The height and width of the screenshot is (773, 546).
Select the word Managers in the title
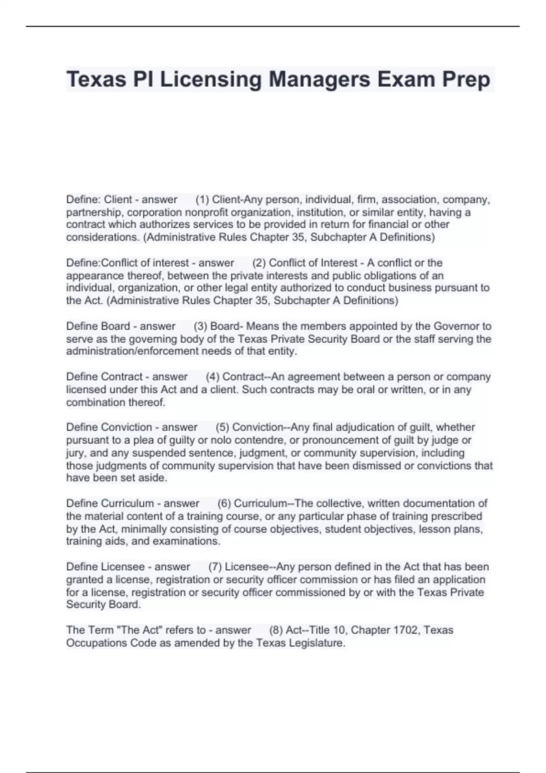click(319, 80)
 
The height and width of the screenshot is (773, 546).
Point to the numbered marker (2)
click(259, 263)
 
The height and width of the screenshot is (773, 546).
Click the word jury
click(76, 453)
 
